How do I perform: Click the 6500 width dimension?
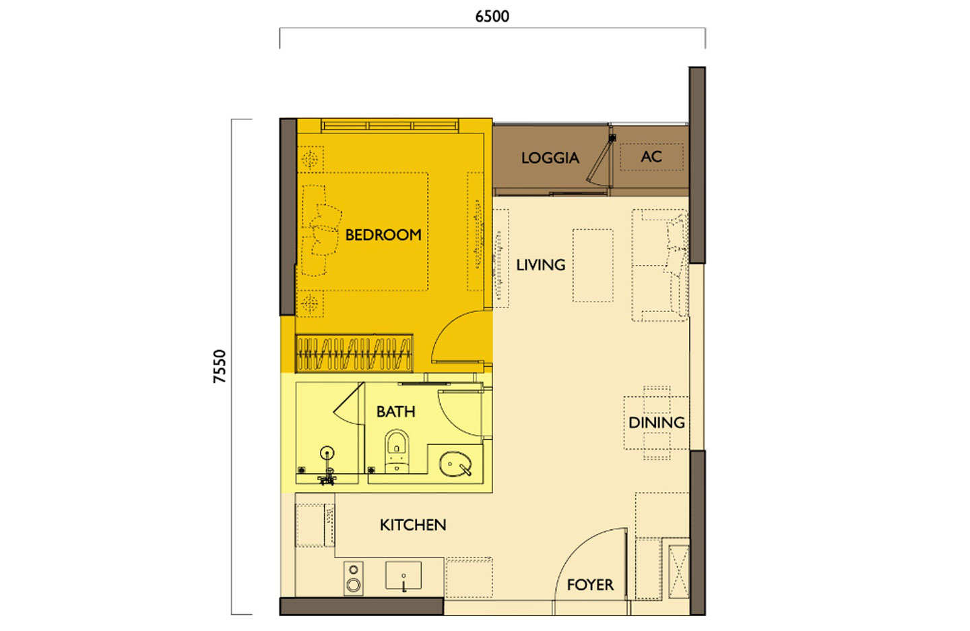[x=492, y=16]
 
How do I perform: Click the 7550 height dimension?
[x=220, y=366]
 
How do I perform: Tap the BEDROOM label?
[x=383, y=235]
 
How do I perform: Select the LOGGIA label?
[x=550, y=158]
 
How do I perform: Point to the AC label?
[x=651, y=156]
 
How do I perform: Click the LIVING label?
[x=540, y=265]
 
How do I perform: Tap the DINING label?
[x=656, y=423]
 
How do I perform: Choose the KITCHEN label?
[x=413, y=524]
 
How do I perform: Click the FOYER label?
[x=590, y=584]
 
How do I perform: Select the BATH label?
[x=395, y=411]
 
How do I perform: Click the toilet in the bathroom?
[x=397, y=450]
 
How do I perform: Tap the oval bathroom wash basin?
[x=455, y=464]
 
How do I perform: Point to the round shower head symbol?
[x=327, y=453]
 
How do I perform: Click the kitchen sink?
[x=403, y=577]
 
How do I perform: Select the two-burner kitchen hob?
[x=354, y=578]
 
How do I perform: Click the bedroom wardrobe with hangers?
[x=354, y=353]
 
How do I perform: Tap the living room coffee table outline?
[x=593, y=266]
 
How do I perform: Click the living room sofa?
[x=660, y=266]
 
